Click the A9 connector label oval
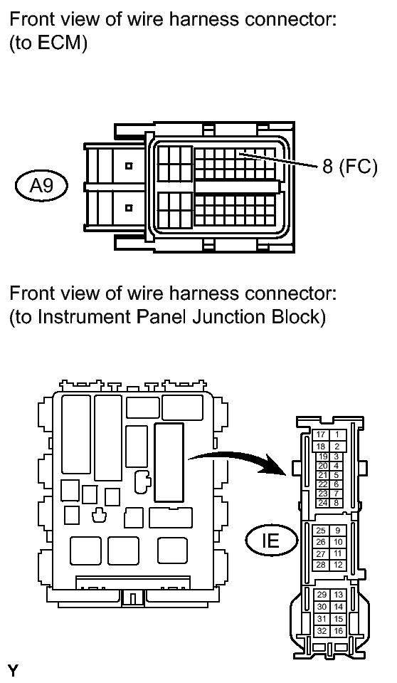click(42, 186)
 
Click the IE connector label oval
click(272, 541)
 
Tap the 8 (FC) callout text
click(349, 166)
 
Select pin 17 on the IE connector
click(321, 434)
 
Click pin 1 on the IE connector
click(337, 434)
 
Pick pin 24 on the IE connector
click(322, 503)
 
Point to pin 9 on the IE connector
click(337, 531)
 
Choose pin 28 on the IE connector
click(321, 565)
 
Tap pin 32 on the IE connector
click(322, 631)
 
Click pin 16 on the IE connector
click(338, 631)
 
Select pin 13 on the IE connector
click(338, 595)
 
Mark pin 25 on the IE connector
click(321, 531)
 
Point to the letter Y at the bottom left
click(13, 671)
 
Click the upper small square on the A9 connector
click(128, 165)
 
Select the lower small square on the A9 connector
click(128, 207)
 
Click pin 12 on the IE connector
click(337, 565)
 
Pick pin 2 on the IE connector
click(337, 446)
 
